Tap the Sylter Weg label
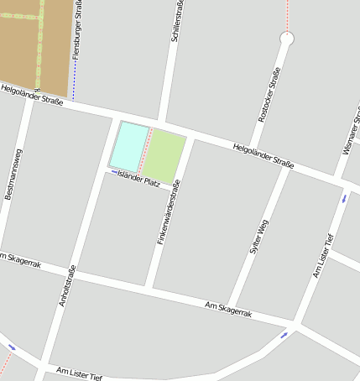click(x=259, y=236)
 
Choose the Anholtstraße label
click(x=67, y=285)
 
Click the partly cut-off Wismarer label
click(x=351, y=134)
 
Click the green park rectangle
click(x=164, y=155)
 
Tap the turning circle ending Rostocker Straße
click(x=287, y=39)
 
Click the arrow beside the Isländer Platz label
click(x=114, y=172)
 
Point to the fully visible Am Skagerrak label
click(x=228, y=310)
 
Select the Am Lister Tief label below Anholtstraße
click(x=79, y=373)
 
